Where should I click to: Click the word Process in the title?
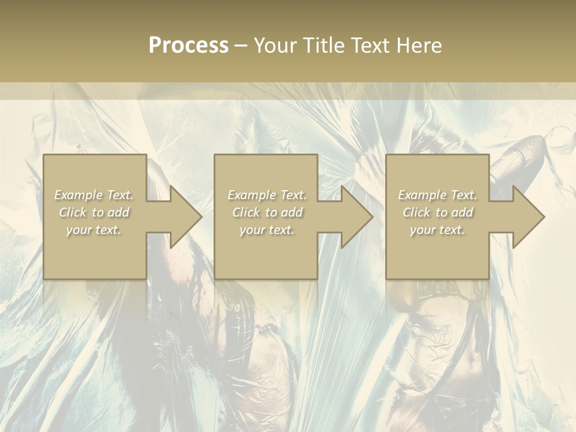188,46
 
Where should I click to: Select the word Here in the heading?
418,46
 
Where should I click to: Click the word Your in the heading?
276,46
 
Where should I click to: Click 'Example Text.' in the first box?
94,195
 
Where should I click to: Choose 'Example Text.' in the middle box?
267,195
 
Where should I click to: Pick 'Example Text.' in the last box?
437,195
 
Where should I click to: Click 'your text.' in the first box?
94,230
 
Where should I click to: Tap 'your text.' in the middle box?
267,230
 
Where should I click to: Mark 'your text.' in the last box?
437,230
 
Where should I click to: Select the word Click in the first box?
73,212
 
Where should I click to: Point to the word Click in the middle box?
246,212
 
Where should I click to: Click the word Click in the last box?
416,212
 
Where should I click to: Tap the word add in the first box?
119,212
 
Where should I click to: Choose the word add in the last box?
463,212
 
